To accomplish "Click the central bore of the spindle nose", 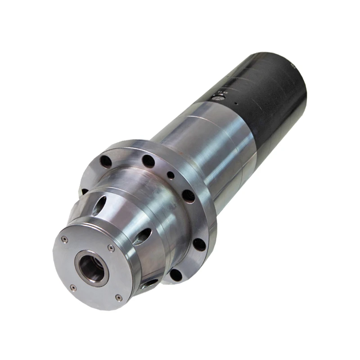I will coord(91,269).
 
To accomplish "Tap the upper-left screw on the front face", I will coord(65,240).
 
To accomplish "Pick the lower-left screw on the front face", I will coord(72,288).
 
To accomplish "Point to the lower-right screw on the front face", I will coord(118,297).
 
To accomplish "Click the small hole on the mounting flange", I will coord(170,175).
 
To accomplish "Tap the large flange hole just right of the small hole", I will coord(188,196).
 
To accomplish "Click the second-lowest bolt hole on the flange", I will coord(199,244).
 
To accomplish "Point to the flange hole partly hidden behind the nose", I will coord(84,191).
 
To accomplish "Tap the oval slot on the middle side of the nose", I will coord(142,236).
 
